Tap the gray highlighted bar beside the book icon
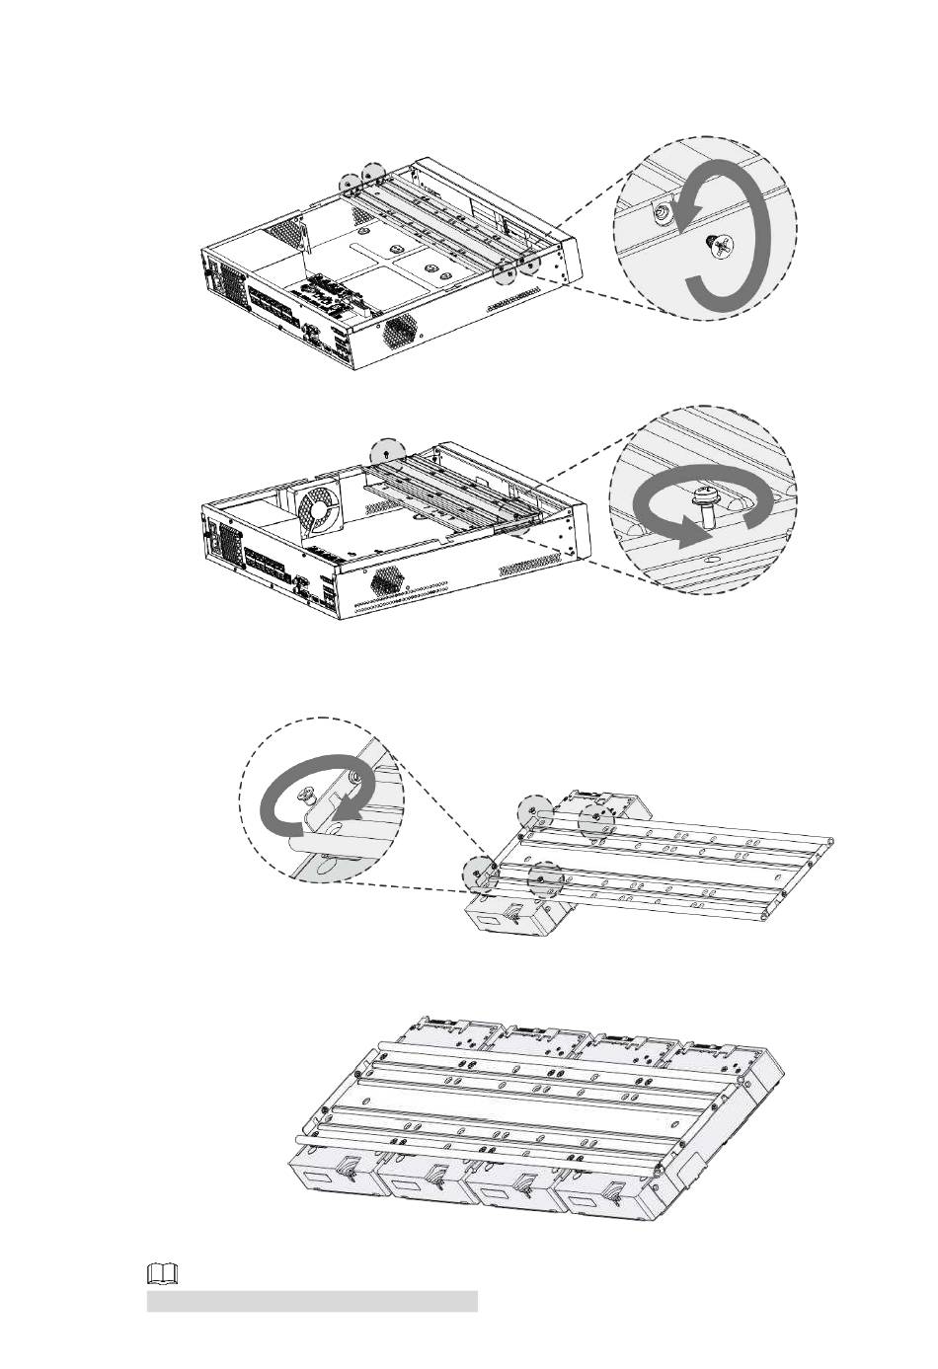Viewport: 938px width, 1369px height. coord(312,1301)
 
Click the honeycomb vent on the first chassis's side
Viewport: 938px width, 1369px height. coord(399,329)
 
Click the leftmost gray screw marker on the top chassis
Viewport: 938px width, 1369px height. coord(349,184)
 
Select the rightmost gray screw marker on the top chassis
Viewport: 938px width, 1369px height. coord(529,264)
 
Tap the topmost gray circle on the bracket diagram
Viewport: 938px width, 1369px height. coord(533,809)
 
